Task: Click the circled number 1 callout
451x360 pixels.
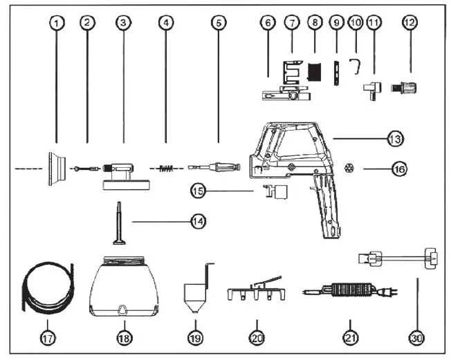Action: click(x=57, y=22)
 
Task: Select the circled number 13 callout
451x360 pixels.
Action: click(x=396, y=139)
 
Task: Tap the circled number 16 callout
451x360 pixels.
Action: click(x=399, y=168)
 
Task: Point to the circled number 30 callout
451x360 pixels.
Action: click(x=416, y=339)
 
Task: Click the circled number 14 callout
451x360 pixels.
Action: click(x=198, y=221)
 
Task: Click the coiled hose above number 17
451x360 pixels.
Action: click(x=45, y=287)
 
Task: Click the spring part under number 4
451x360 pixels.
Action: click(x=165, y=168)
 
